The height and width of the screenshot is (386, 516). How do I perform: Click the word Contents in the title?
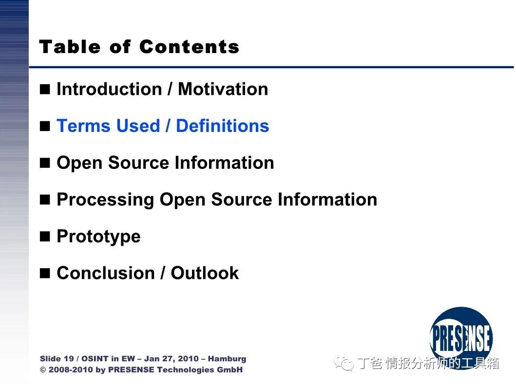point(189,47)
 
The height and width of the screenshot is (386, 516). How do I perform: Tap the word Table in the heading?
point(70,47)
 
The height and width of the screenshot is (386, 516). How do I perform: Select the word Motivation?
point(223,89)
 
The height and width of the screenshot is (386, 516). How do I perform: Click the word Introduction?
point(109,89)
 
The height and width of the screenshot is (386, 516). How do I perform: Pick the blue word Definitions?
point(223,126)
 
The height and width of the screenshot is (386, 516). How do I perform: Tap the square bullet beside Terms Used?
point(45,126)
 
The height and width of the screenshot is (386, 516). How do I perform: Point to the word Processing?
point(105,200)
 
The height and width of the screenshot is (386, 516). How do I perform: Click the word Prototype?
point(99,237)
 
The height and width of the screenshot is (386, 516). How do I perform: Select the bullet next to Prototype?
point(45,237)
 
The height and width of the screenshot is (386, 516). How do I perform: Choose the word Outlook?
point(205,273)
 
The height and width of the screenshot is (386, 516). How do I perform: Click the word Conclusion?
point(106,273)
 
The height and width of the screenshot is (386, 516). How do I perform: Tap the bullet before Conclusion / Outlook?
point(45,273)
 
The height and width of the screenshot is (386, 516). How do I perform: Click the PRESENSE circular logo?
point(461,338)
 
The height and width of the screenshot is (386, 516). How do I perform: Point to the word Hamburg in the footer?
point(227,359)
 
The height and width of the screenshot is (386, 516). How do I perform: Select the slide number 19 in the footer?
point(68,359)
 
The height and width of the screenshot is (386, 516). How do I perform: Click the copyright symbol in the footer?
point(43,370)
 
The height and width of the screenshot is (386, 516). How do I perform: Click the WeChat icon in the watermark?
point(344,363)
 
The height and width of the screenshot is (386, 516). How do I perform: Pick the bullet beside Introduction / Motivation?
point(45,89)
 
